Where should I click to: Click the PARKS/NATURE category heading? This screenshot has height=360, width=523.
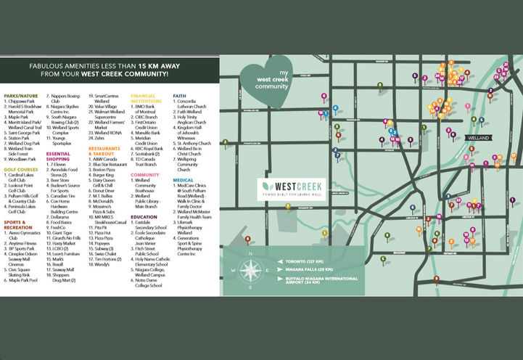[x=20, y=95]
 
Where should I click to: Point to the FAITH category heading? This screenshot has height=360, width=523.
[x=181, y=95]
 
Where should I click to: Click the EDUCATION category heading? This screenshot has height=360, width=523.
[x=144, y=216]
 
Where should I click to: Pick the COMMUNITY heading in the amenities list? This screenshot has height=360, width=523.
[x=145, y=175]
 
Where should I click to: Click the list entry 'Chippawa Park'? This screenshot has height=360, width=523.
[x=26, y=102]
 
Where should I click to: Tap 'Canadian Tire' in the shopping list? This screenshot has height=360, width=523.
[x=63, y=195]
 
